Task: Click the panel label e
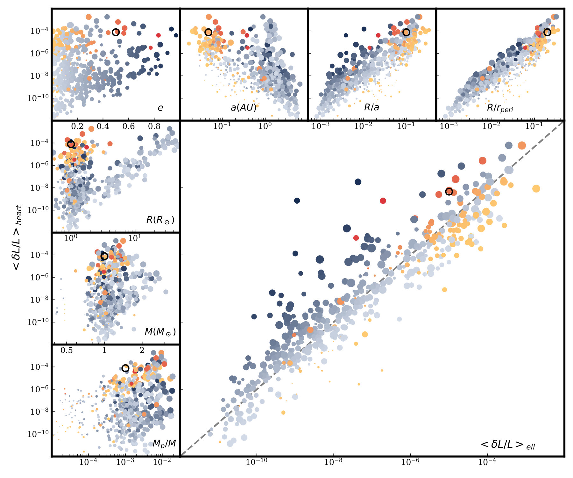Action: (x=160, y=108)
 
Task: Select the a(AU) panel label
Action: (x=244, y=108)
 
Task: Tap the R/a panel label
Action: (x=371, y=107)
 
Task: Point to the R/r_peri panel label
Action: (x=500, y=108)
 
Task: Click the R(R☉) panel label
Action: (x=160, y=220)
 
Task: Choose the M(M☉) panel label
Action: (x=160, y=332)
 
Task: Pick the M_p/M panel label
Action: (x=164, y=444)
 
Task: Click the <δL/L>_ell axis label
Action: (x=508, y=445)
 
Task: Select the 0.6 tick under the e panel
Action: (x=129, y=126)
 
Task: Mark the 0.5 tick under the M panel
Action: (x=67, y=351)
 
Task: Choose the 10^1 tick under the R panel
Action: (x=135, y=238)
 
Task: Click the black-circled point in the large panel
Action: (x=449, y=192)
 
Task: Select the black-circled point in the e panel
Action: (x=116, y=32)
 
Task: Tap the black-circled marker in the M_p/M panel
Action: (x=125, y=368)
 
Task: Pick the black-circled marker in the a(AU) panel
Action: (x=208, y=32)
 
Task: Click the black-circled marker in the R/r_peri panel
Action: (x=547, y=32)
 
